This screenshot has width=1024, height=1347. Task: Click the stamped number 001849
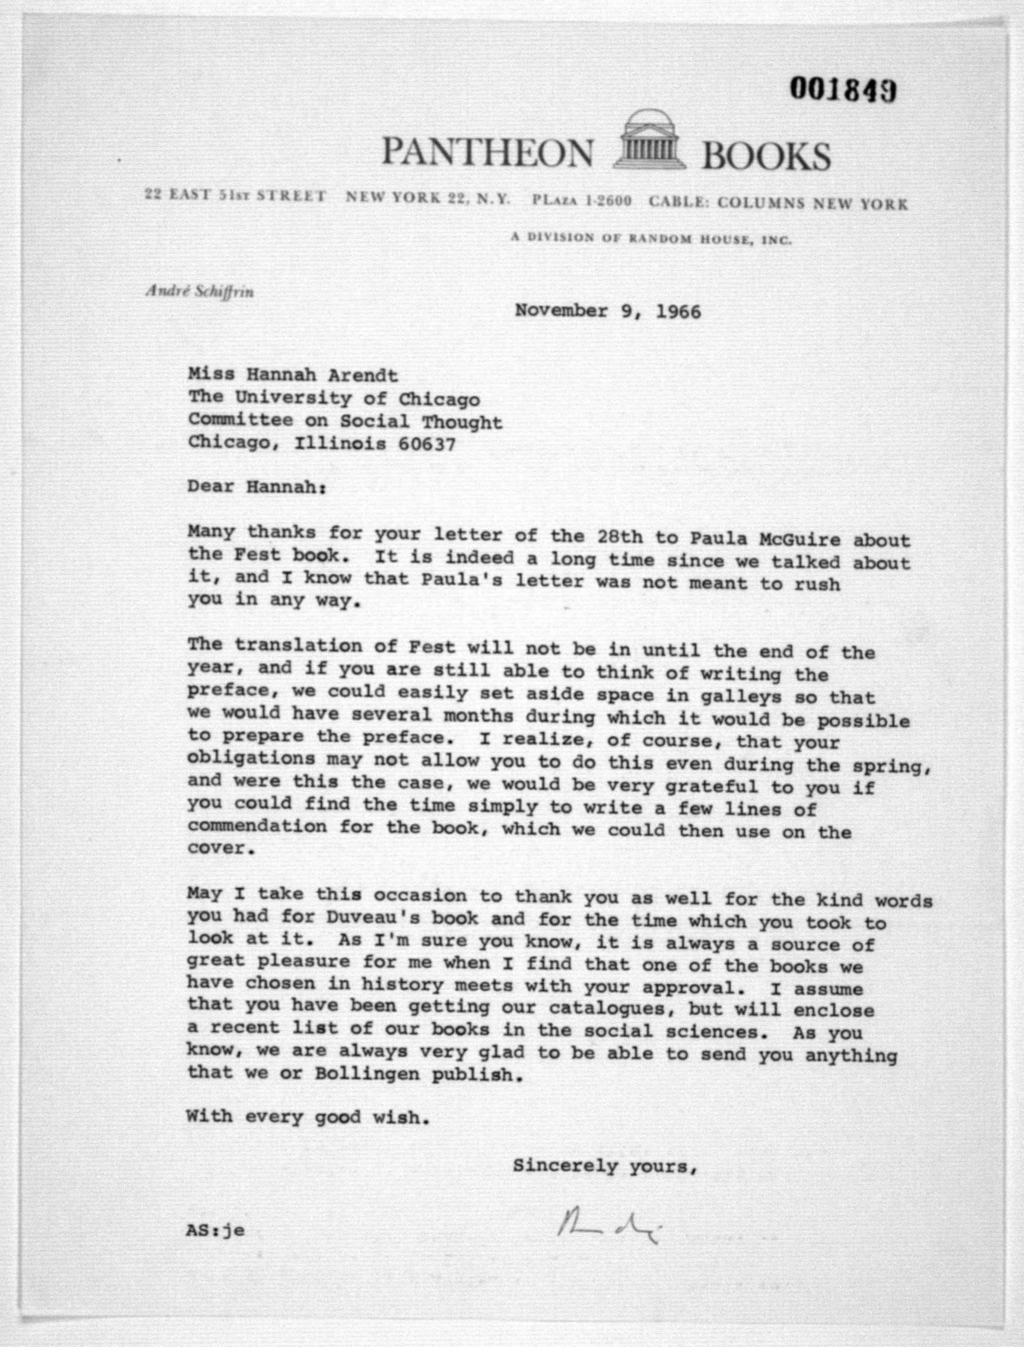(x=843, y=90)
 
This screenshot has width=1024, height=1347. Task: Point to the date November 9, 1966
(x=608, y=312)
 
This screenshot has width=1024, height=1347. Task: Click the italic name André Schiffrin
(x=199, y=292)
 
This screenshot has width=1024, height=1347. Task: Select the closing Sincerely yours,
(x=604, y=1166)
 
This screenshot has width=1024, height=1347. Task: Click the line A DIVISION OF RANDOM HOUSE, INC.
(x=651, y=239)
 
